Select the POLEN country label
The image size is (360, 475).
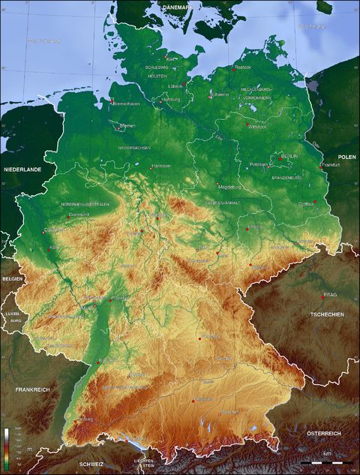[x=346, y=157]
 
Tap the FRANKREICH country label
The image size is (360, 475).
[x=32, y=390]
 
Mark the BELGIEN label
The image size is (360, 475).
[x=11, y=278]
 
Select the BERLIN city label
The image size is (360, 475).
[x=289, y=157]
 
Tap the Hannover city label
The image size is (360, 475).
[x=161, y=166]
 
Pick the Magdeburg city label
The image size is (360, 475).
[x=229, y=186]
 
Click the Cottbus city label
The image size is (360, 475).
[x=306, y=203]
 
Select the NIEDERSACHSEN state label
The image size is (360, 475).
[x=133, y=148]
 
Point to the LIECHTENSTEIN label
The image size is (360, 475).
[x=144, y=462]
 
